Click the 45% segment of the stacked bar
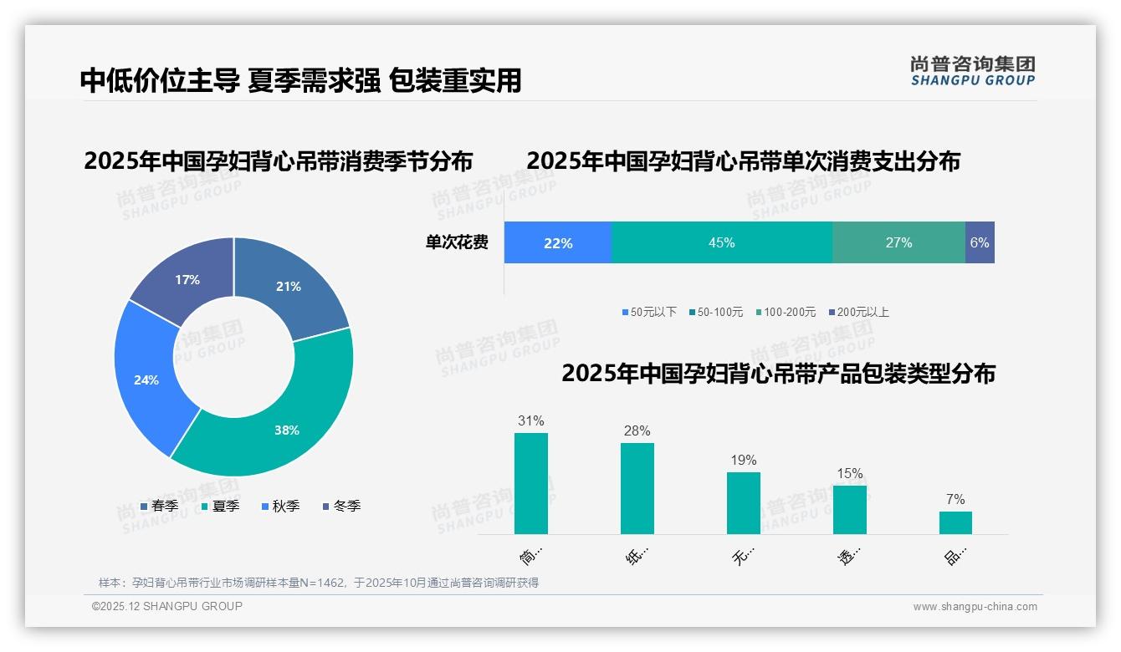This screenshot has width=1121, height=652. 721,243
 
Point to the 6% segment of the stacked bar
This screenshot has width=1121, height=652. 980,243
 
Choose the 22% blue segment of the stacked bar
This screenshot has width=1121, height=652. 558,243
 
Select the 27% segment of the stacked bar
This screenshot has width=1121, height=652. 898,243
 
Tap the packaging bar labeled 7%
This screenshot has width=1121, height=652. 955,522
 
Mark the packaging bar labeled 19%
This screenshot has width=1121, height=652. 743,503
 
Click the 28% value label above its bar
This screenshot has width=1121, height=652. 637,431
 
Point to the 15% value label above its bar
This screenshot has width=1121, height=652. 849,474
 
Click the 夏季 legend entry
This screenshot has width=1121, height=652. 221,506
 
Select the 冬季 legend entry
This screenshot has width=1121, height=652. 341,506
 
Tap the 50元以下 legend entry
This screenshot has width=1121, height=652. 649,312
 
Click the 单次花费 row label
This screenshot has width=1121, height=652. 457,243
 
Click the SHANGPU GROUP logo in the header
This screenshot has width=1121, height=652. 972,71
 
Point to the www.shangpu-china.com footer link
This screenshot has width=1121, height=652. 975,607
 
